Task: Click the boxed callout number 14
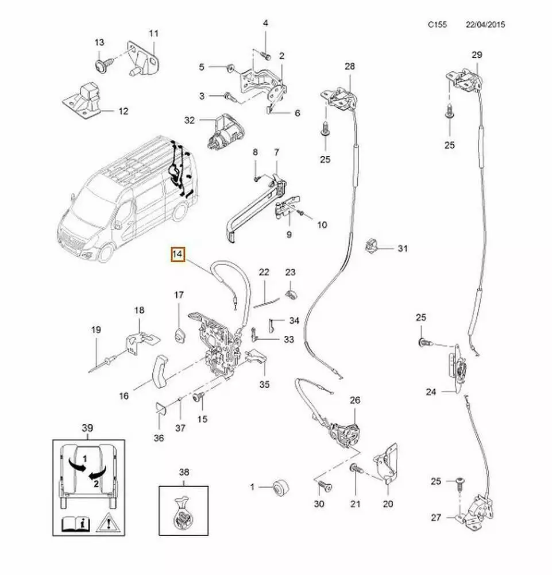pyautogui.click(x=177, y=254)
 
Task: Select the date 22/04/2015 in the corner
pyautogui.click(x=487, y=26)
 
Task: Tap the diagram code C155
pyautogui.click(x=438, y=26)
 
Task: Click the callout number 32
pyautogui.click(x=190, y=120)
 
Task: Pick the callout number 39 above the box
pyautogui.click(x=87, y=427)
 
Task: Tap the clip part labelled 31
pyautogui.click(x=373, y=246)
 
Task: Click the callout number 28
pyautogui.click(x=350, y=67)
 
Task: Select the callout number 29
pyautogui.click(x=477, y=55)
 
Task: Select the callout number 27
pyautogui.click(x=436, y=518)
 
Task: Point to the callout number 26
pyautogui.click(x=354, y=400)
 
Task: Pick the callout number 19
pyautogui.click(x=95, y=330)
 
